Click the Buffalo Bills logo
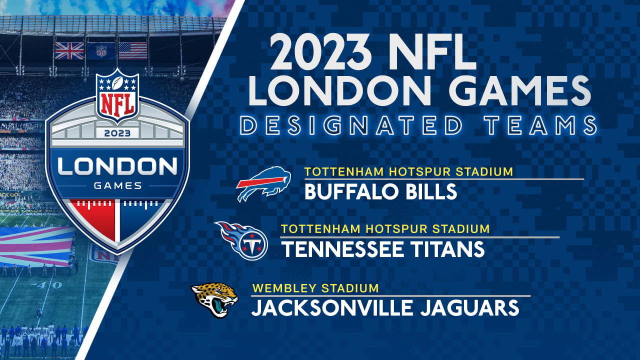[x=263, y=183]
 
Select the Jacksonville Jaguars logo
[x=214, y=300]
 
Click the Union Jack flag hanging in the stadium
[x=69, y=50]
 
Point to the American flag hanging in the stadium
[x=132, y=50]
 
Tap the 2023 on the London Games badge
[x=117, y=133]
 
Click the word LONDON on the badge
[x=117, y=166]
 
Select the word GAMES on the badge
[x=117, y=186]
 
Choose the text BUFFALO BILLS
[x=380, y=191]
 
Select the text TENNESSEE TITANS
[x=382, y=249]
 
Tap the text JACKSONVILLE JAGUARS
[x=384, y=307]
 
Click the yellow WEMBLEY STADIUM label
[x=315, y=288]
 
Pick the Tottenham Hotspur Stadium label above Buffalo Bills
[x=409, y=172]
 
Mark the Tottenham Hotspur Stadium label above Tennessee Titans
[x=385, y=229]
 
